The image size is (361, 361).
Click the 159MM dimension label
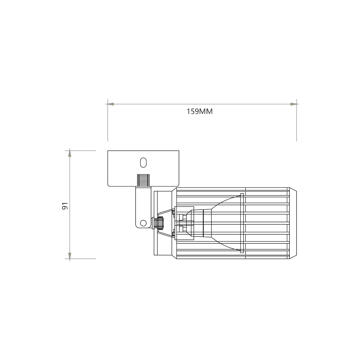click(199, 112)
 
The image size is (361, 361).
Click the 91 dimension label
click(65, 206)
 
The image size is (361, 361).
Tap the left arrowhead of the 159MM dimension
click(110, 104)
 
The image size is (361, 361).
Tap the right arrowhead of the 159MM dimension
click(294, 104)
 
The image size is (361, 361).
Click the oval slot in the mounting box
click(143, 162)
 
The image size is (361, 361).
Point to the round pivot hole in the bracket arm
click(143, 223)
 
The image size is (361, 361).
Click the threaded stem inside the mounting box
click(143, 180)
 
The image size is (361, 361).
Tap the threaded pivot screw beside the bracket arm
click(158, 223)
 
